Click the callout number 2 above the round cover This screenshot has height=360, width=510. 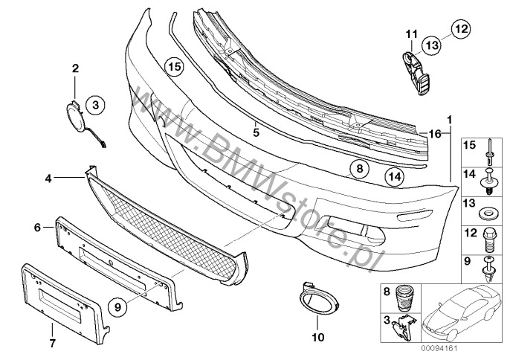pyautogui.click(x=75, y=68)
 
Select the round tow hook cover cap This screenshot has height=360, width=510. pyautogui.click(x=75, y=115)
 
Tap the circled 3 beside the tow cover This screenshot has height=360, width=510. pyautogui.click(x=95, y=105)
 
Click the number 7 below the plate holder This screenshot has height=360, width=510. pyautogui.click(x=52, y=343)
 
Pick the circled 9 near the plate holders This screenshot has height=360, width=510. pyautogui.click(x=117, y=306)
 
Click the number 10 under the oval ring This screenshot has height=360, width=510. pyautogui.click(x=318, y=337)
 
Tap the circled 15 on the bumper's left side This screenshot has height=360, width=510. pyautogui.click(x=174, y=67)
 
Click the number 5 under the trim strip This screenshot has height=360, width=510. pyautogui.click(x=256, y=132)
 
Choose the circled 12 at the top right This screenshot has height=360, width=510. pyautogui.click(x=461, y=29)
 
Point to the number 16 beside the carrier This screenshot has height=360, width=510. pyautogui.click(x=435, y=133)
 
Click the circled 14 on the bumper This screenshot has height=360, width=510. pyautogui.click(x=395, y=177)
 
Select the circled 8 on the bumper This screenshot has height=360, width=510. pyautogui.click(x=359, y=169)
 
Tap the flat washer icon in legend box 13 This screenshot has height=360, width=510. pyautogui.click(x=487, y=214)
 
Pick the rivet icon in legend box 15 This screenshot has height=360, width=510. pyautogui.click(x=489, y=152)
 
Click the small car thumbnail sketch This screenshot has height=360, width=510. pyautogui.click(x=462, y=312)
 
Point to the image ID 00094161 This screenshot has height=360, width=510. pyautogui.click(x=439, y=349)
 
